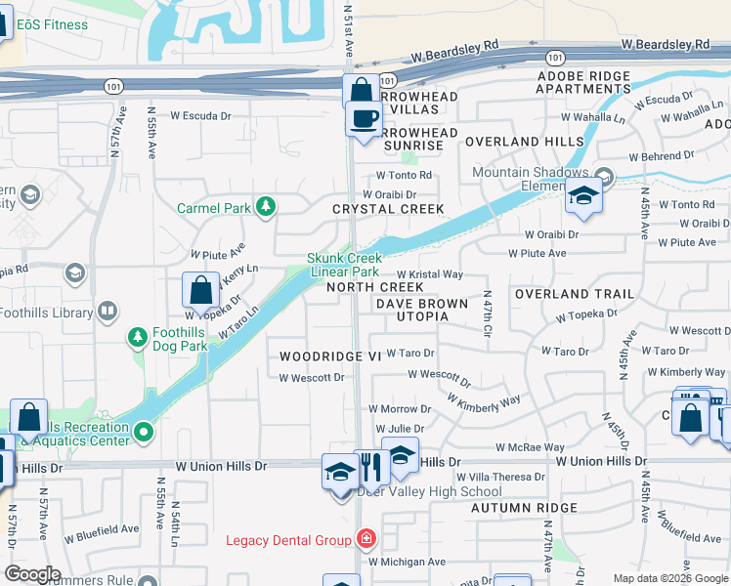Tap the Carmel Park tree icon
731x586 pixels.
265,206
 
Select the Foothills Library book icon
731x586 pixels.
107,313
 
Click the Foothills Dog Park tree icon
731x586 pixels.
138,338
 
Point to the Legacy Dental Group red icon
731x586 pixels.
365,539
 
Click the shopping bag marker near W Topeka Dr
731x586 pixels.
200,291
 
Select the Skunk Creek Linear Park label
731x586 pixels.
343,265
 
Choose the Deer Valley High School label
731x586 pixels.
430,491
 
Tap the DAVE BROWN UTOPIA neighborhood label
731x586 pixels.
422,310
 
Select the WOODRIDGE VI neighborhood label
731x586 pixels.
329,357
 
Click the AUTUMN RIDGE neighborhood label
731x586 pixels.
524,508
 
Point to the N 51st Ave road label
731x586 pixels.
349,29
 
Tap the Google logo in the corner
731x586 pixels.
33,574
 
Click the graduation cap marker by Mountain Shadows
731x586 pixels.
583,196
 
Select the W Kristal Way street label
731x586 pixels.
429,275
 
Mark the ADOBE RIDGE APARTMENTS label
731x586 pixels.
583,82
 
